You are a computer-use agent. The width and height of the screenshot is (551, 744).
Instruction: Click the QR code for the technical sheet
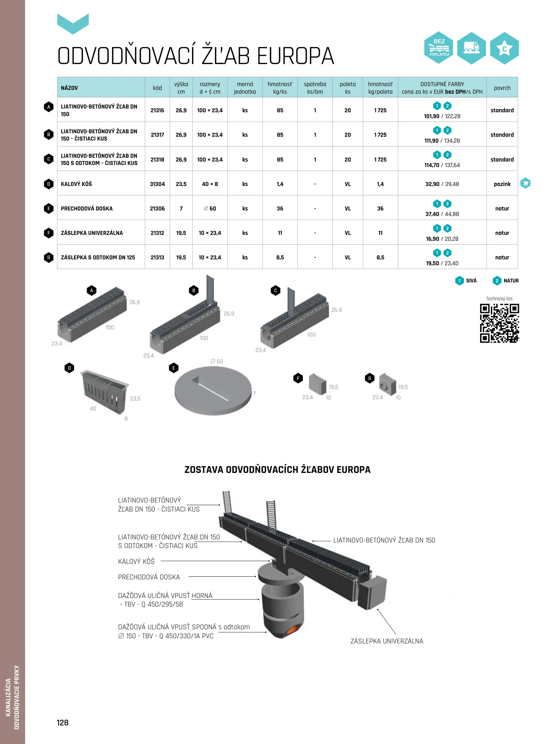click(499, 323)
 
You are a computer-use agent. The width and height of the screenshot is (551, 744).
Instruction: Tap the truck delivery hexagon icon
click(471, 48)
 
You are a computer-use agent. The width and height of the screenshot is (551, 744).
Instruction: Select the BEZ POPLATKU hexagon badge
click(439, 48)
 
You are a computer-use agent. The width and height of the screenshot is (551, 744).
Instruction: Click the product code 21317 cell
click(157, 135)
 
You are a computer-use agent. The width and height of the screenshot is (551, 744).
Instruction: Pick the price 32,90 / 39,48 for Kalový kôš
click(442, 184)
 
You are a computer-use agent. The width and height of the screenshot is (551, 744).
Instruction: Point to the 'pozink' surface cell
click(502, 184)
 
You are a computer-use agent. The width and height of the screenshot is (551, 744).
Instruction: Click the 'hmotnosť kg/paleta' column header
click(380, 88)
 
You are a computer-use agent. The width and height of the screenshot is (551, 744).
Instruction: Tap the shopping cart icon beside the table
click(525, 183)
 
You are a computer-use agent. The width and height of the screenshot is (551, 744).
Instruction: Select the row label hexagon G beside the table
click(49, 257)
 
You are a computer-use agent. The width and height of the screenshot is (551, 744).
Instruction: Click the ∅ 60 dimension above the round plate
click(216, 361)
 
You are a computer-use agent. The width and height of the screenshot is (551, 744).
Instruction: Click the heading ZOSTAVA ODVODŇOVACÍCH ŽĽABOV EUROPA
click(277, 469)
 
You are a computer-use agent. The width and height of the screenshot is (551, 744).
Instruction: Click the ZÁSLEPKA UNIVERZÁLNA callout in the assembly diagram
click(387, 641)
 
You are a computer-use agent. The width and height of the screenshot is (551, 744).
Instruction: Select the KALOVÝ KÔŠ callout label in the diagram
click(136, 561)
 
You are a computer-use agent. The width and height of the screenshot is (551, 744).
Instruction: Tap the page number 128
click(63, 723)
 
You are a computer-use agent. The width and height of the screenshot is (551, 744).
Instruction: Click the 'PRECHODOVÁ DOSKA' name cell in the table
click(87, 208)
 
